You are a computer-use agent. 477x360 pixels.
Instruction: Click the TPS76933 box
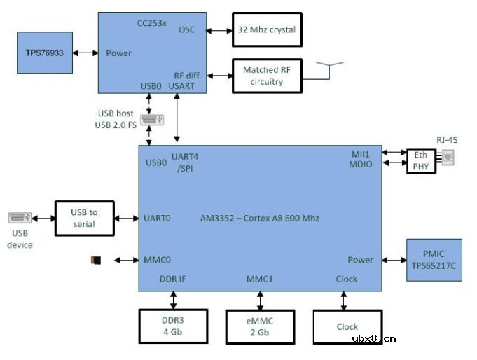[x=45, y=53]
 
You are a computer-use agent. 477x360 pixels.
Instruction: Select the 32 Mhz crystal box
[x=267, y=29]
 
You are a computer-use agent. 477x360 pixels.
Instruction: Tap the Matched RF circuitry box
[x=267, y=76]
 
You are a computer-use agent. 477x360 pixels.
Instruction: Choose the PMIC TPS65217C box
[x=434, y=259]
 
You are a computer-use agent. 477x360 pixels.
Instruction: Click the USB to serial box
[x=84, y=218]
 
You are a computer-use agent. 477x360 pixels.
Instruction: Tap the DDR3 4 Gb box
[x=173, y=326]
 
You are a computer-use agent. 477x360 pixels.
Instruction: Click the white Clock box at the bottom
[x=346, y=326]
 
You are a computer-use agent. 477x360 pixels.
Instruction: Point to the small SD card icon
[x=96, y=261]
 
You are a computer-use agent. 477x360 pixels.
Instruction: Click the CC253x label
[x=152, y=24]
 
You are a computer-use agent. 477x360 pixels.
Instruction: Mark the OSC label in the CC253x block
[x=187, y=29]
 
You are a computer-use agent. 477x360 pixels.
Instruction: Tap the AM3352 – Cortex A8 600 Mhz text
[x=259, y=218]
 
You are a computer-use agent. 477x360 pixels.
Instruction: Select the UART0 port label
[x=157, y=218]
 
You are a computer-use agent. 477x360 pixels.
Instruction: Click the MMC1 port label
[x=259, y=279]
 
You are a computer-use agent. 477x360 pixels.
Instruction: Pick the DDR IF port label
[x=173, y=279]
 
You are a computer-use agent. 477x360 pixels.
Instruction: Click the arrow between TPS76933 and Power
[x=85, y=53]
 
